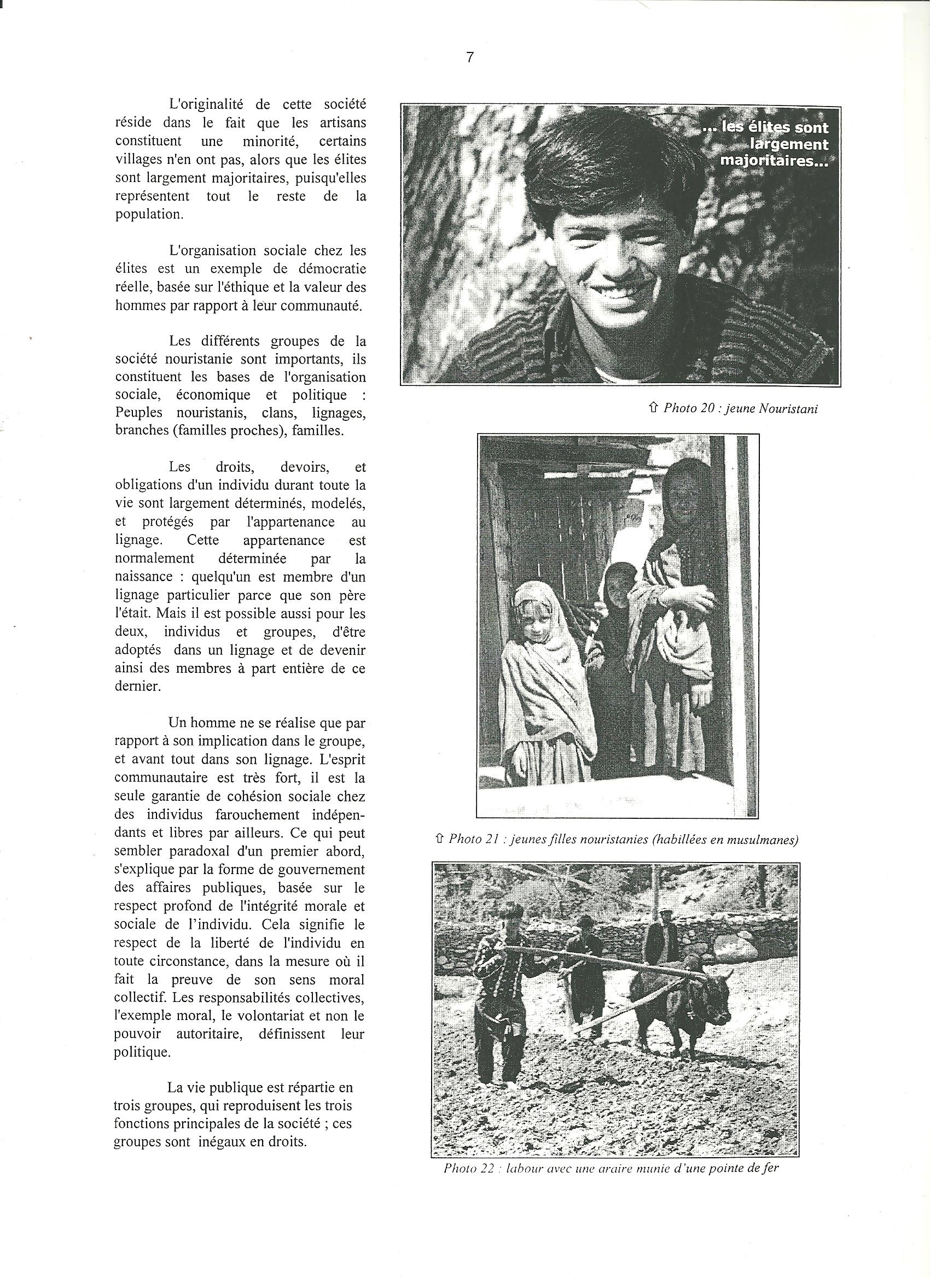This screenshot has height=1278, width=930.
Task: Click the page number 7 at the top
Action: (x=469, y=58)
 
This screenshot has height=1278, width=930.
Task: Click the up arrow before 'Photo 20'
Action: (x=654, y=408)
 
